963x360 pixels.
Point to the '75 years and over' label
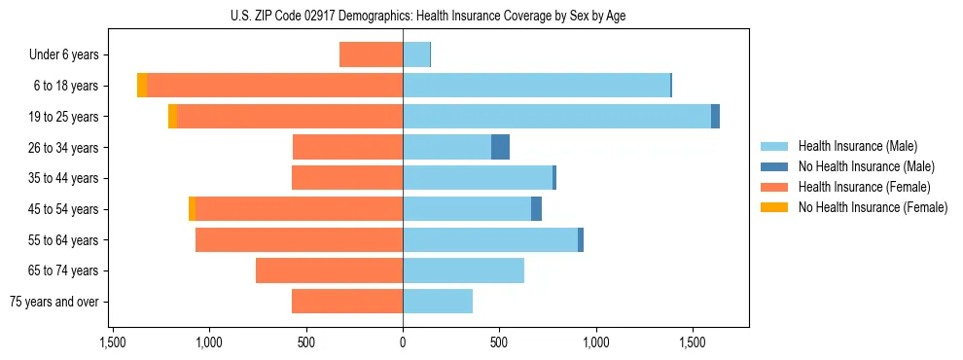55,302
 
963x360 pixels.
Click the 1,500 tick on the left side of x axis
113,342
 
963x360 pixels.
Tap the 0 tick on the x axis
403,342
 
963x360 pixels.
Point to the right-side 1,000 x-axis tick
595,342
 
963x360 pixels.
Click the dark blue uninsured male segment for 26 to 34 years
500,147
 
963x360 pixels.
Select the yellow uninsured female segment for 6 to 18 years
142,86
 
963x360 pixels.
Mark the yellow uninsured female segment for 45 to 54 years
193,209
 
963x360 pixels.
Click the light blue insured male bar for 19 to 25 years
556,117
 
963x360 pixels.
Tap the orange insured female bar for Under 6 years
371,54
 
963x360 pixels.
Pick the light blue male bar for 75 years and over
438,302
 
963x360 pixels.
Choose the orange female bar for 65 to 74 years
329,270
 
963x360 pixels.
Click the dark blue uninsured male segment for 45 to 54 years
536,209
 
